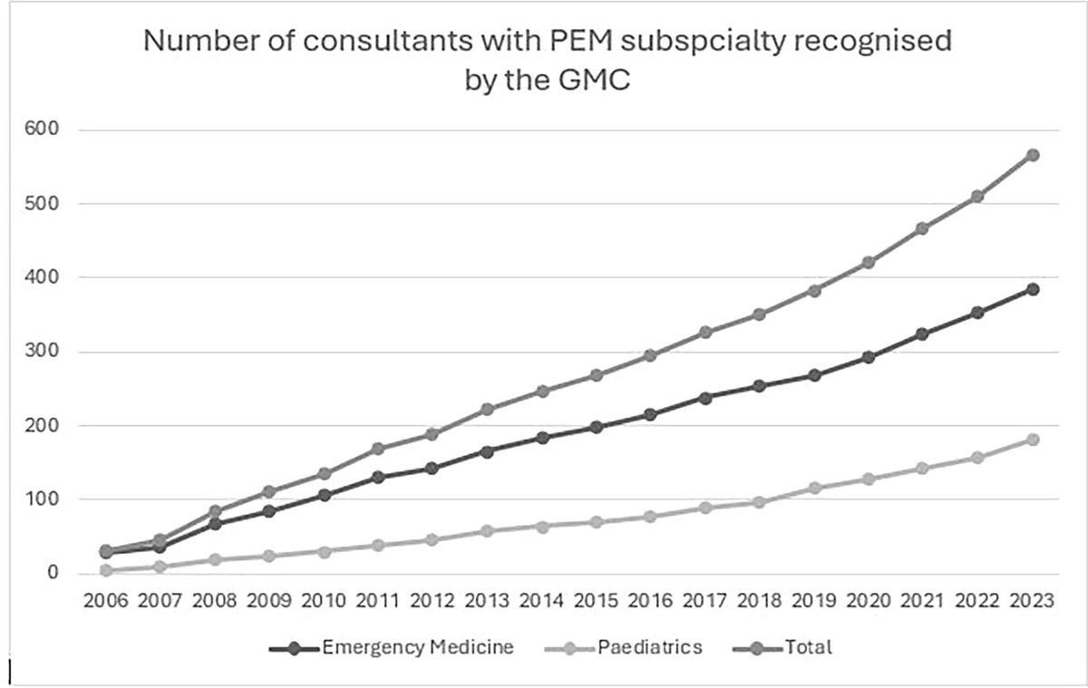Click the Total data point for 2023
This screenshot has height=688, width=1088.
click(x=1032, y=155)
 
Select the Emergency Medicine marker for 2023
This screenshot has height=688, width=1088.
click(x=1032, y=289)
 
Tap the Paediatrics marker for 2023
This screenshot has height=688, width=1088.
click(x=1032, y=440)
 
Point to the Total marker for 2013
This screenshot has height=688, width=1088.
click(x=487, y=410)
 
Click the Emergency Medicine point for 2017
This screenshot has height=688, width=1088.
click(x=705, y=397)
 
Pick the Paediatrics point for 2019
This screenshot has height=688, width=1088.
click(x=814, y=488)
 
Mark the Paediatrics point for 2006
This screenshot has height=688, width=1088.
click(x=106, y=570)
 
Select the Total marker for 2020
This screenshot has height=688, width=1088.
click(x=869, y=262)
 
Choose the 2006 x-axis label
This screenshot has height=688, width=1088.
click(x=106, y=602)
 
